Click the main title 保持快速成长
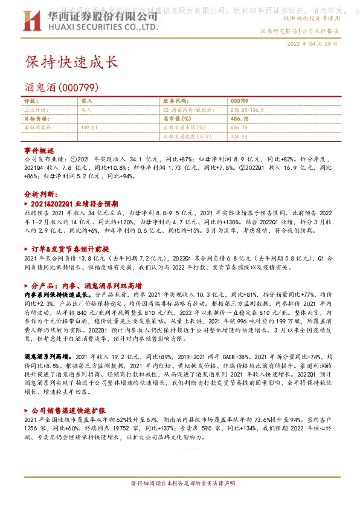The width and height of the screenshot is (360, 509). pos(71,62)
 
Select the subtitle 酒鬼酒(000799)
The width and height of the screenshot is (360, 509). pos(58,87)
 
